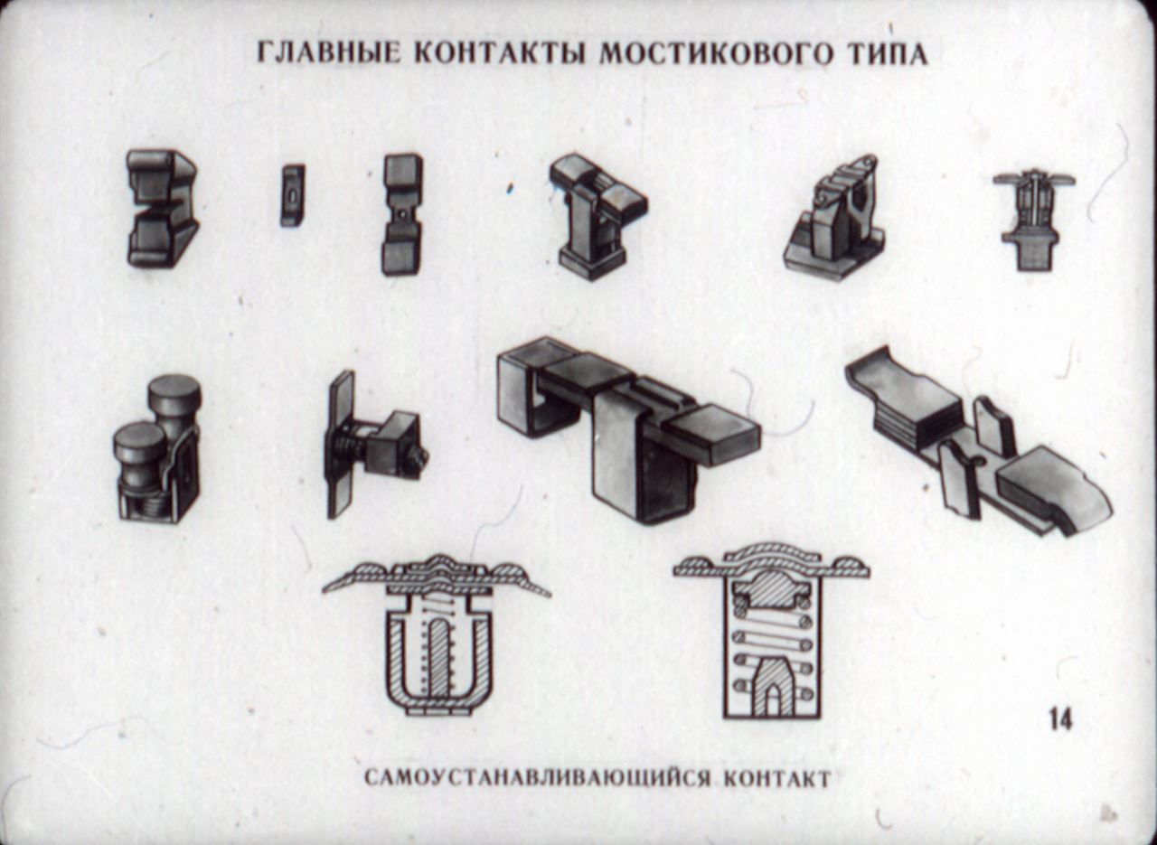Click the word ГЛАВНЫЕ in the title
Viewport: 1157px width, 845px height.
click(328, 52)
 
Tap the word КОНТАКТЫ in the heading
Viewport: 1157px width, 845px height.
click(501, 52)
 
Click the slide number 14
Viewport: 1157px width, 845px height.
click(1061, 719)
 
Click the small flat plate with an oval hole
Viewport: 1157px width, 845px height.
click(292, 195)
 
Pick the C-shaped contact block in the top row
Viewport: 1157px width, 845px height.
click(162, 209)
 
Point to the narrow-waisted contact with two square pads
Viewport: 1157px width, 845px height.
click(402, 214)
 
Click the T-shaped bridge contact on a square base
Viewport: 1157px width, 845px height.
click(597, 217)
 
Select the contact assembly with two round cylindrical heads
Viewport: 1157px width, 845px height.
click(157, 448)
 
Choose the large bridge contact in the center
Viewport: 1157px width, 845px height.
click(627, 428)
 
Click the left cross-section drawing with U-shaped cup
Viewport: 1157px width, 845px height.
click(437, 635)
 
